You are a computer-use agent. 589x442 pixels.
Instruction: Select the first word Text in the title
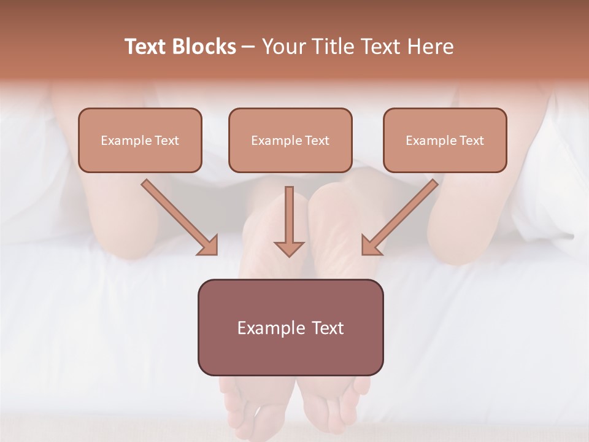[x=147, y=47]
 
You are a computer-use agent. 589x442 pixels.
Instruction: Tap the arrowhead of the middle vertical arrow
[x=289, y=248]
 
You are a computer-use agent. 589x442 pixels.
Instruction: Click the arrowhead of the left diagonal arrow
[x=208, y=245]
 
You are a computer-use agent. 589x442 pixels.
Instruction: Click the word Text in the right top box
[x=472, y=141]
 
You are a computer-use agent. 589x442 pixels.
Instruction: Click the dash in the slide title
[x=248, y=47]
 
